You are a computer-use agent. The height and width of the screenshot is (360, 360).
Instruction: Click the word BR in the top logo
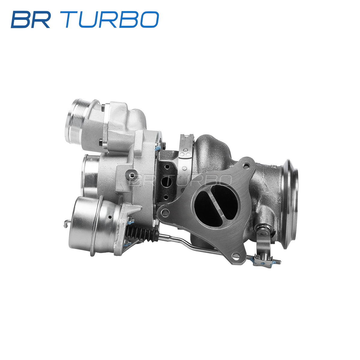coord(31,19)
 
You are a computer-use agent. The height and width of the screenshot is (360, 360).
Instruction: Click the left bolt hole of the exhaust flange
coord(164,212)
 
